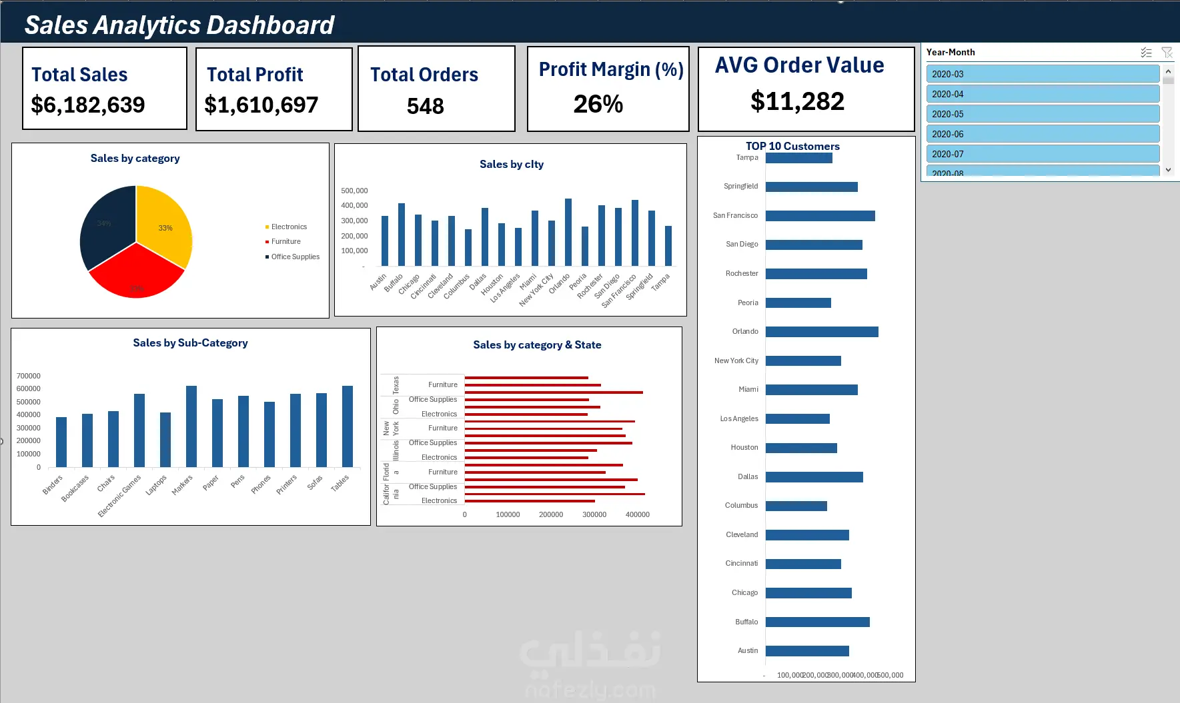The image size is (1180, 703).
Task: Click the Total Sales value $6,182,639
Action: [88, 105]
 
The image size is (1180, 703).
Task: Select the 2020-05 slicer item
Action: [1042, 114]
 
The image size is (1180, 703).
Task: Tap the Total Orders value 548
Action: [426, 106]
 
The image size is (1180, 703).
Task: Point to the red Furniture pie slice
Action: [137, 277]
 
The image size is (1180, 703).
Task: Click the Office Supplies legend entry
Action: [295, 257]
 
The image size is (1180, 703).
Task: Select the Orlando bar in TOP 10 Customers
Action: [822, 332]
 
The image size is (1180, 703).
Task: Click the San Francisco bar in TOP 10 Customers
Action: [820, 216]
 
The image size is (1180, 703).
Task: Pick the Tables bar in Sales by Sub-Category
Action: [348, 426]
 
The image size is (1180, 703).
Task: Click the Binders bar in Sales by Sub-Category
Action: [61, 442]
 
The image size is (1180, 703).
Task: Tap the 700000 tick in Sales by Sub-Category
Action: [29, 376]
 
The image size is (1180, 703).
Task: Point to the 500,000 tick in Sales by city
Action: [354, 191]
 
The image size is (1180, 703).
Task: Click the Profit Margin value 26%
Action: [598, 104]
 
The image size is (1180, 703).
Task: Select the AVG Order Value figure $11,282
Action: [797, 101]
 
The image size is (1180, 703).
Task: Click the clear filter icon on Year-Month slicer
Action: [1167, 52]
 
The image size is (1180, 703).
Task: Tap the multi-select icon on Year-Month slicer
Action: [1146, 52]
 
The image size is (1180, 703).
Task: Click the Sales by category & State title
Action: [537, 345]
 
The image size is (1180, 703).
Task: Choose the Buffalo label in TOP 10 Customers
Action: [746, 622]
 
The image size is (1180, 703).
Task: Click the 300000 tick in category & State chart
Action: [594, 514]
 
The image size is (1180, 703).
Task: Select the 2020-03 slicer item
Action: [1042, 74]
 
